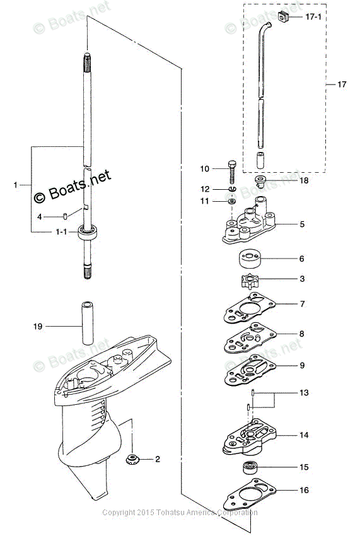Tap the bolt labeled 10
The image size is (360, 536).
click(231, 172)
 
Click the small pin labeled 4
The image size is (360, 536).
click(65, 216)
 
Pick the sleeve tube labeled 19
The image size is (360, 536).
click(87, 323)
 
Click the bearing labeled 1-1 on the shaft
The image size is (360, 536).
click(88, 233)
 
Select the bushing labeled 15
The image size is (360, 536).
click(250, 467)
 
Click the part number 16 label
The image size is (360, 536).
click(304, 490)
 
